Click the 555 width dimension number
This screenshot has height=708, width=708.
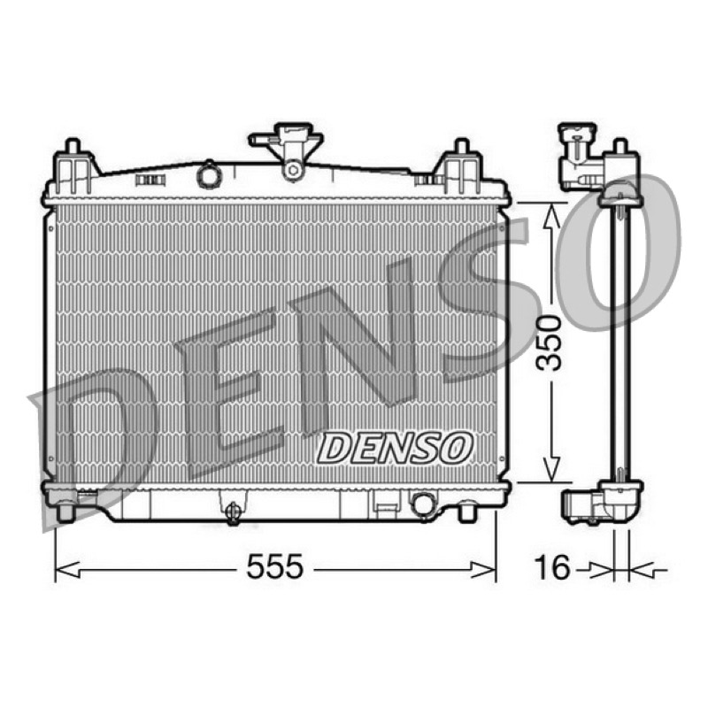(x=274, y=566)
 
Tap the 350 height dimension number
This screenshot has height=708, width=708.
(x=549, y=343)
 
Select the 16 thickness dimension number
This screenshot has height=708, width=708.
(x=552, y=567)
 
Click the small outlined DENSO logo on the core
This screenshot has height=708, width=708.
(x=395, y=448)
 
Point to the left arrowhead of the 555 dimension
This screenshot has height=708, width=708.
(x=67, y=570)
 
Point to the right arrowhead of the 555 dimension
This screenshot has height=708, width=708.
(x=483, y=570)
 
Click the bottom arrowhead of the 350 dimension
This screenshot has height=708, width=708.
(x=551, y=470)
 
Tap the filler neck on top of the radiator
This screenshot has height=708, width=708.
(x=286, y=150)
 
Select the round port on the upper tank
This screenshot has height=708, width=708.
(x=208, y=173)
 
